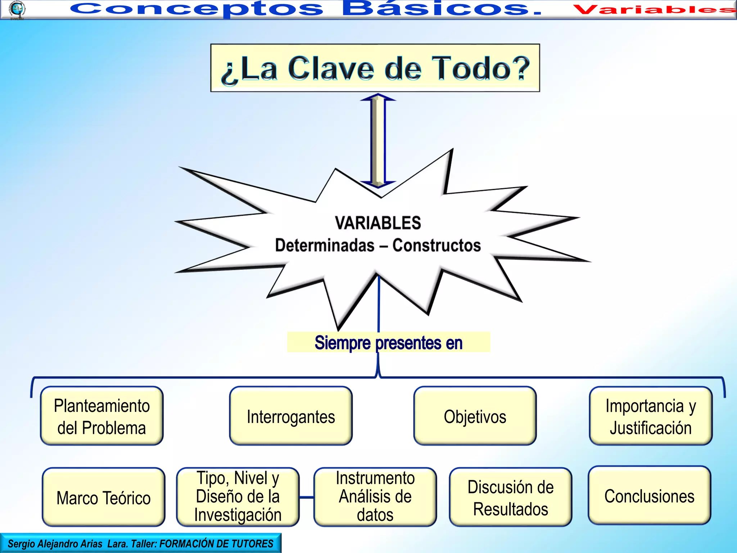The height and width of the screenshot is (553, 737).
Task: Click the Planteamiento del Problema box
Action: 102,416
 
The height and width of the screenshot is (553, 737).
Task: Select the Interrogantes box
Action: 291,416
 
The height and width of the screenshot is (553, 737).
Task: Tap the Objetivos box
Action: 475,416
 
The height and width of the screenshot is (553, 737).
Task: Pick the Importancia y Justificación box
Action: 651,416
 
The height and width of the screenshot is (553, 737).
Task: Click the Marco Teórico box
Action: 104,497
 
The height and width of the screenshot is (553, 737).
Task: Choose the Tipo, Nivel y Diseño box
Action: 238,497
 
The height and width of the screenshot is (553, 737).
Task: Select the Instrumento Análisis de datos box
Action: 375,497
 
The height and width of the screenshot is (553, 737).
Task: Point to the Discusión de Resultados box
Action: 510,497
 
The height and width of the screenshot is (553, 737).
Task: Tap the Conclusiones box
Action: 649,496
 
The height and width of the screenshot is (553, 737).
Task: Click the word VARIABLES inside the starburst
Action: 378,223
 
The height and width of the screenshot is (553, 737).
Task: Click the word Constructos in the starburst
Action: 436,245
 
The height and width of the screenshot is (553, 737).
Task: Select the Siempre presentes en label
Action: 388,342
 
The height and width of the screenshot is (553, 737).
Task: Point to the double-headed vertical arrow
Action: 378,140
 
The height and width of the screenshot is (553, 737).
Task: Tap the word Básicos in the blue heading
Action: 441,9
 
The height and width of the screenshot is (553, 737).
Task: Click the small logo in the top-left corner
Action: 17,9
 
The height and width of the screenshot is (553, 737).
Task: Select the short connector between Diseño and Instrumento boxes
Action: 306,497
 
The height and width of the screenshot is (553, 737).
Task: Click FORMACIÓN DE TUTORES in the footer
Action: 216,544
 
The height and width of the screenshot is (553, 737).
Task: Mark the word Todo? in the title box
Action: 481,68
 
